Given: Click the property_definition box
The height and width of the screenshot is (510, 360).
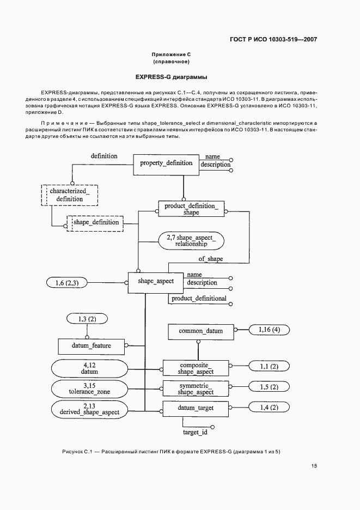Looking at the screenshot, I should [x=166, y=163].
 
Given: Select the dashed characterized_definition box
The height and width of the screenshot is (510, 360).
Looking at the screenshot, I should [x=70, y=195].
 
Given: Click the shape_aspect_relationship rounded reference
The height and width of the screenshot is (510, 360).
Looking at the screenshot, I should [x=192, y=241].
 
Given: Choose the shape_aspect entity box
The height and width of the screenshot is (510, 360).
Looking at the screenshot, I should [x=156, y=281].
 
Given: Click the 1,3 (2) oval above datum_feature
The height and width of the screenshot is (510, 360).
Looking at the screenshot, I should [x=86, y=318].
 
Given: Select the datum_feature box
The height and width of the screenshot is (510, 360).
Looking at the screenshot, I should [x=91, y=345].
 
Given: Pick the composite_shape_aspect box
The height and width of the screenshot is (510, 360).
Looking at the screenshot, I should [x=196, y=368].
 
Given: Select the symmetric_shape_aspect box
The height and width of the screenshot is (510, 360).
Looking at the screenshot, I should [x=196, y=388].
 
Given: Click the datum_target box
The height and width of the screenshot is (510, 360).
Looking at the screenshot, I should [x=196, y=408].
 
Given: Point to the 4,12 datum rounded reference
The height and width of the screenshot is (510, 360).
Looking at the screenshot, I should [x=89, y=368].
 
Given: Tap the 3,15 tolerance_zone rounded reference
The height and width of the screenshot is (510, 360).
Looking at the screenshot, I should [x=89, y=388].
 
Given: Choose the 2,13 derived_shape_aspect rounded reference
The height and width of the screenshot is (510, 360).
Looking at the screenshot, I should [x=89, y=409].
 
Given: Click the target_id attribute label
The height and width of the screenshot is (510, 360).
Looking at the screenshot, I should [x=194, y=433].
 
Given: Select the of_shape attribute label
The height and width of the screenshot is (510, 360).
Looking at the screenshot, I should [x=210, y=259].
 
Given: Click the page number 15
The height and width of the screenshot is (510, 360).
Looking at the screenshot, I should [x=314, y=466].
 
